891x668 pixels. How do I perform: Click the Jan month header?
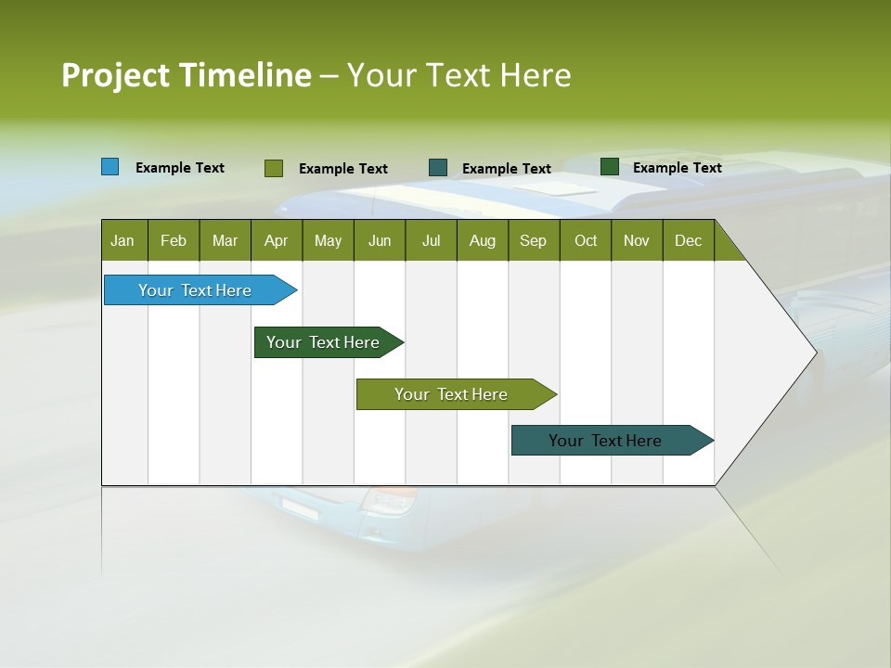point(123,241)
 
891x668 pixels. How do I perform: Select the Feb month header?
point(174,241)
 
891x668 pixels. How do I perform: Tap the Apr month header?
point(276,241)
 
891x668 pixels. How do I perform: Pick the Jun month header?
point(379,241)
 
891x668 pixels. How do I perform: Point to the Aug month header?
point(482,241)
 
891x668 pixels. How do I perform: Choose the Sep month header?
point(533,241)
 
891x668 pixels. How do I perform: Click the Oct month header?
point(586,241)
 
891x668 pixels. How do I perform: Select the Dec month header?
point(688,241)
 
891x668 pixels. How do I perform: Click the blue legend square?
point(110,167)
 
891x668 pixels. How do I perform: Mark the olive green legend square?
point(273,168)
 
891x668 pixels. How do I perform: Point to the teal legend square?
point(438,168)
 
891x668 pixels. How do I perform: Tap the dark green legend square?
point(610,167)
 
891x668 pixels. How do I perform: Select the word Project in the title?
point(115,75)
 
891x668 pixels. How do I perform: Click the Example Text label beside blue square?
point(180,168)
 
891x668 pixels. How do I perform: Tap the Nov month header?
point(637,241)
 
